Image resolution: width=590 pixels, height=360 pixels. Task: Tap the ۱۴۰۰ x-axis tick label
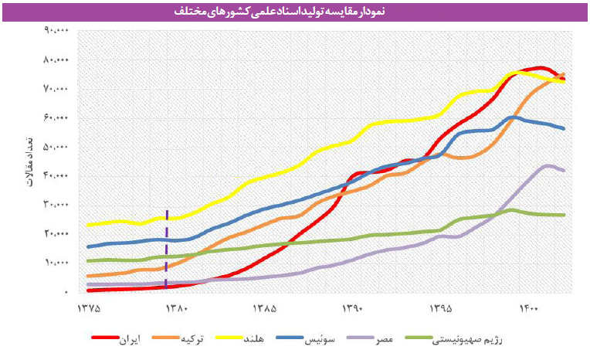click(528, 309)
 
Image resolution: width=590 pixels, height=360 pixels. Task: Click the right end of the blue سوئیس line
click(564, 128)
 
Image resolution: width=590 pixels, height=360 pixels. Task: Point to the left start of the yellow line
click(89, 225)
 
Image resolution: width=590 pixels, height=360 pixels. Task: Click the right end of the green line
click(564, 215)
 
